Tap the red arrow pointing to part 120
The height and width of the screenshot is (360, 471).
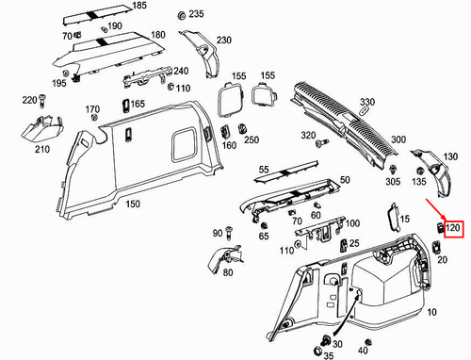tap(430, 206)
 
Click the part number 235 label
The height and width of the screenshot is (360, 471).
tap(196, 15)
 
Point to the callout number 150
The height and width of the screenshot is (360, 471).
tap(135, 204)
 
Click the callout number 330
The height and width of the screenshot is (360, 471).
tap(366, 101)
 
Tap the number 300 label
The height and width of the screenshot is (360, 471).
tap(398, 139)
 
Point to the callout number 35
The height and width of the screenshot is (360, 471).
tap(328, 355)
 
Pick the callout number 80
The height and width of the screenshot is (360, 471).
tap(227, 273)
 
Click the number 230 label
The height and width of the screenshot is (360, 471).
tap(223, 41)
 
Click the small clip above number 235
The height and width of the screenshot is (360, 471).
tap(180, 17)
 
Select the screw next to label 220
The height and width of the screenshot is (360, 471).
tap(42, 102)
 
